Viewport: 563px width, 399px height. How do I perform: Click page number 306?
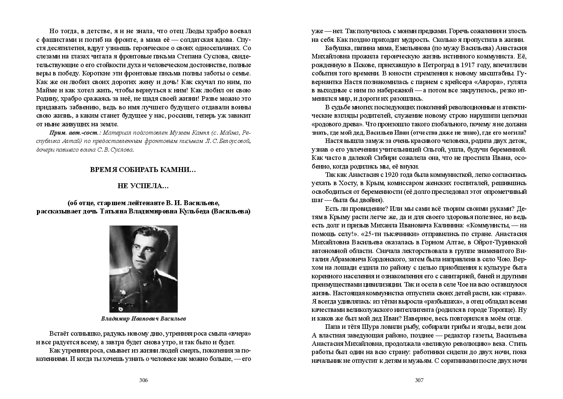[x=143, y=380]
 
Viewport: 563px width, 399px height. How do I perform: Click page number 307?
[x=419, y=380]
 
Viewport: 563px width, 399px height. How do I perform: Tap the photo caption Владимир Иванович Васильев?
[x=143, y=318]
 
